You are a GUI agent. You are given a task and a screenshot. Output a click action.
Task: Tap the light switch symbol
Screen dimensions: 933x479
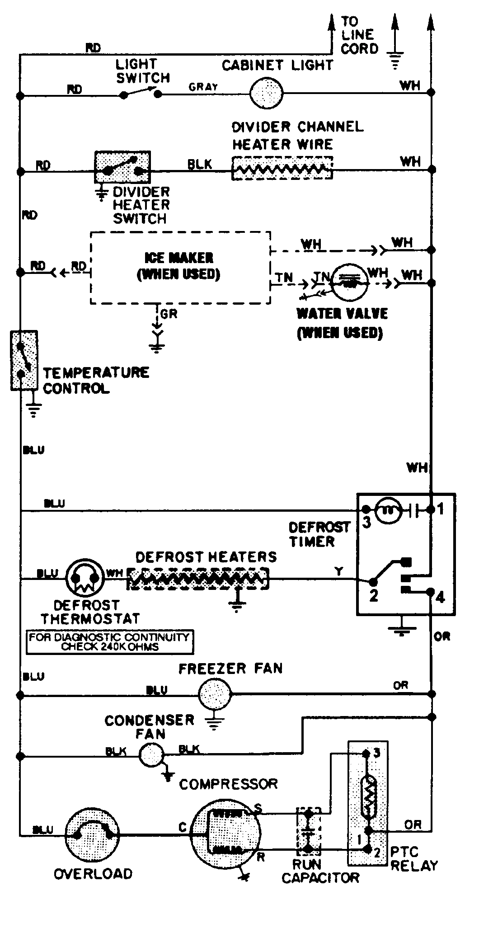[x=140, y=94]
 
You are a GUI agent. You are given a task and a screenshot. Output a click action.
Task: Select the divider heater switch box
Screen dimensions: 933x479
[x=122, y=167]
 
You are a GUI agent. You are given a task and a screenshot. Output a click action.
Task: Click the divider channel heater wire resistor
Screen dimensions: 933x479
[x=282, y=169]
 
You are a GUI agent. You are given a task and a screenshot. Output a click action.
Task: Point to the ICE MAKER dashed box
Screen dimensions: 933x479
[x=180, y=267]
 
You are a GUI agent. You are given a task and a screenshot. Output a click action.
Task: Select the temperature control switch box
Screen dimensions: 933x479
[x=24, y=360]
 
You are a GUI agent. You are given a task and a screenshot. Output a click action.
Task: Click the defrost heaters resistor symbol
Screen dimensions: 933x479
[x=197, y=579]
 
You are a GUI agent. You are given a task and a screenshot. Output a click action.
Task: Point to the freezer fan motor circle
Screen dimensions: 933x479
[x=215, y=693]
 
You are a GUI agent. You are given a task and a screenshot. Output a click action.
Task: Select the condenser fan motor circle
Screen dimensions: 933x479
[x=150, y=755]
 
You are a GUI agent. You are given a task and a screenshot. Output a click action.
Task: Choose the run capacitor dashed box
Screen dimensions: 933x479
[x=308, y=832]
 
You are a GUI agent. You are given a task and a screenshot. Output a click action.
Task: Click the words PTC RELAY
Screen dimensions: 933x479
[x=413, y=859]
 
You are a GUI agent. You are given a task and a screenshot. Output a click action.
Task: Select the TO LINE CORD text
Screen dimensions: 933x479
[x=359, y=35]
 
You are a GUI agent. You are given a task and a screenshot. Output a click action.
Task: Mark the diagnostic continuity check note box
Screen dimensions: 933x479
[x=110, y=642]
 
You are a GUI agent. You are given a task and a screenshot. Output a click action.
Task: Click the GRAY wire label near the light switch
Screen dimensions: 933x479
[x=203, y=87]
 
